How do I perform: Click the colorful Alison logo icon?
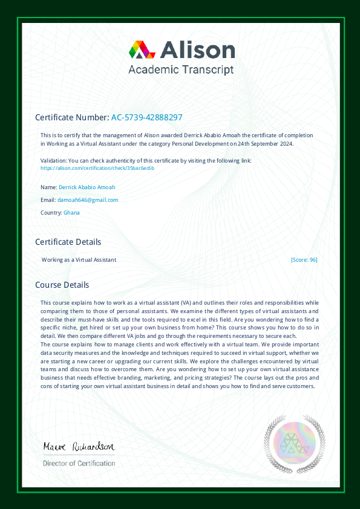click(139, 50)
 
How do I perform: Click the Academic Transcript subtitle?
click(181, 70)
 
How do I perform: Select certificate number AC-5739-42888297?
click(147, 117)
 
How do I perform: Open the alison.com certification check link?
click(97, 168)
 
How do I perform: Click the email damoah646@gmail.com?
click(88, 199)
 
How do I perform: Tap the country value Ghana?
click(71, 212)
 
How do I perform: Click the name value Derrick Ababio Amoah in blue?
click(87, 187)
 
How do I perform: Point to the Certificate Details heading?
click(68, 242)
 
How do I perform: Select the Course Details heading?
click(62, 285)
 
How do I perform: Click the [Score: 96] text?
click(304, 259)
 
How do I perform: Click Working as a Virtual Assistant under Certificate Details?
click(79, 259)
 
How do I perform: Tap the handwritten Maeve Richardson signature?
click(78, 447)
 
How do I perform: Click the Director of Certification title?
click(79, 463)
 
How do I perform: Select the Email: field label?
click(48, 199)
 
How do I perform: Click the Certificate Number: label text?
click(72, 117)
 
